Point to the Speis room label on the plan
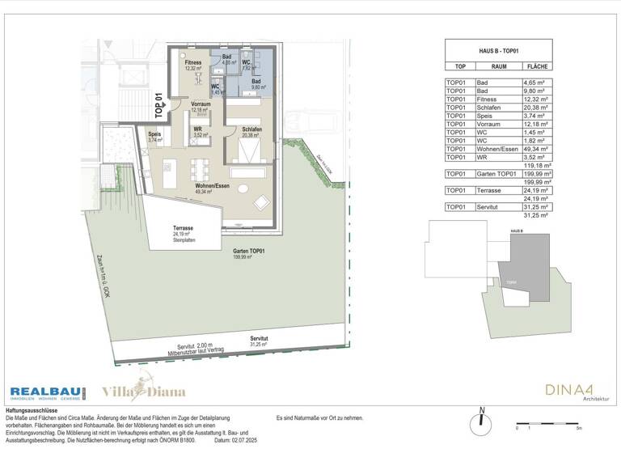pos(154,137)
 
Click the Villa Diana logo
pos(143,392)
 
